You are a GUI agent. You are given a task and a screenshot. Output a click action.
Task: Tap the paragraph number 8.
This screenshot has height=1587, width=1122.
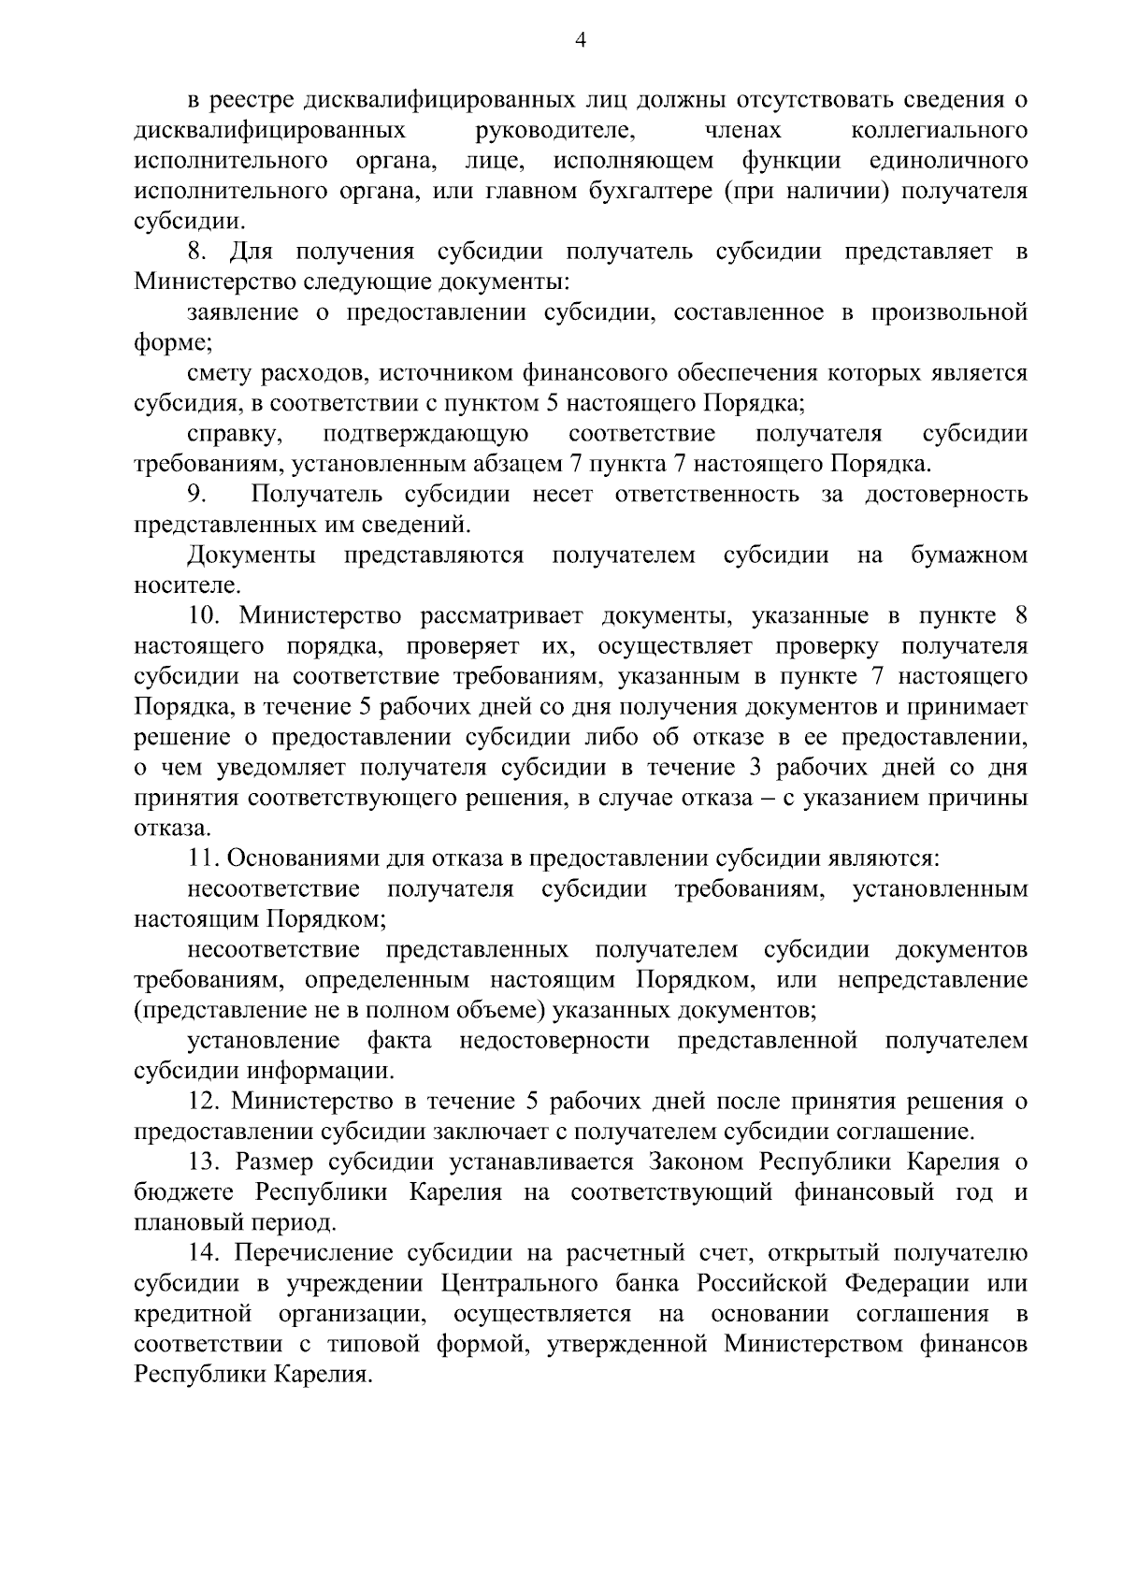point(195,252)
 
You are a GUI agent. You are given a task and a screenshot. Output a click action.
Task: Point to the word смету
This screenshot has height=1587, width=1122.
point(218,373)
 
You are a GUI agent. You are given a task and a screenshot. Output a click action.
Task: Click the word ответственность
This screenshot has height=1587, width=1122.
point(707,494)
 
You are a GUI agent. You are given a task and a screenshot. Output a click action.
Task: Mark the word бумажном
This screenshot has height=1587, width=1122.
point(969,555)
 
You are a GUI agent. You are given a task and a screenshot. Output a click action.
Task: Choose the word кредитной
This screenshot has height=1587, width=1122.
point(193,1314)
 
